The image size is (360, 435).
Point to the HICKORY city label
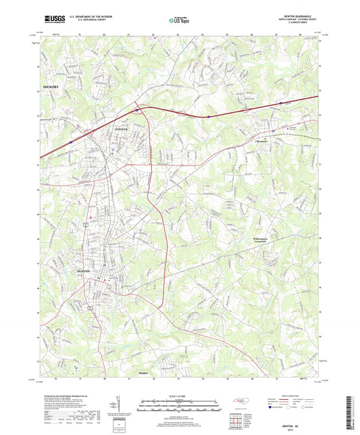click(x=51, y=88)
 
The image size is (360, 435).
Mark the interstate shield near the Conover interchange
click(x=137, y=109)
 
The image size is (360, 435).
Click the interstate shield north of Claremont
click(x=281, y=103)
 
